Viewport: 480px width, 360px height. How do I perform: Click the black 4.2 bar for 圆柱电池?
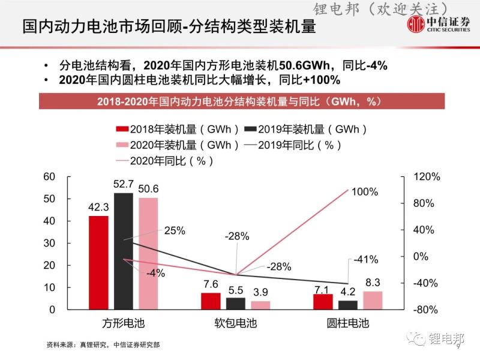tap(347, 305)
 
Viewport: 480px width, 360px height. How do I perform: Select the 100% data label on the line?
tap(365, 192)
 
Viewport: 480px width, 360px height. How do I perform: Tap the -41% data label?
tap(365, 260)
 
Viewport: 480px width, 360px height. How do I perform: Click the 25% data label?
tap(175, 230)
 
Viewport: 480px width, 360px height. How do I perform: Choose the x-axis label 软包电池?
tap(236, 323)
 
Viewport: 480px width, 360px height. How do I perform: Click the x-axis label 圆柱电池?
tap(348, 323)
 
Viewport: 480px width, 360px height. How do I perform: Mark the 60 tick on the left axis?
tap(49, 176)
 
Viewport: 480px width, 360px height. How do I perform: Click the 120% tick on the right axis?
tap(428, 177)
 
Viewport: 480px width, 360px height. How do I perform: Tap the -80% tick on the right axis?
tap(428, 310)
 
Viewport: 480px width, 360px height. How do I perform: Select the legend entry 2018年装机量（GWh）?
tap(178, 128)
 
